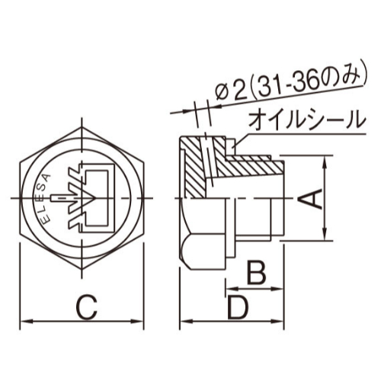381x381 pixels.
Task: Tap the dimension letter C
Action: [86, 308]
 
